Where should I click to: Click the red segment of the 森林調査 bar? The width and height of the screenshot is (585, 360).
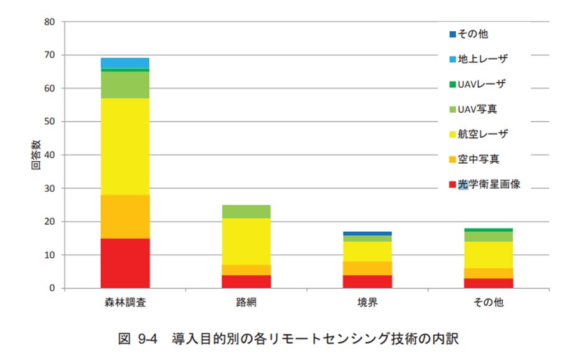click(125, 263)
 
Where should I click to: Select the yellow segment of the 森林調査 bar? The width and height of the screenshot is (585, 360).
click(125, 146)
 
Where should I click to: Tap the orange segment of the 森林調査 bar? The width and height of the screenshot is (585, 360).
click(125, 217)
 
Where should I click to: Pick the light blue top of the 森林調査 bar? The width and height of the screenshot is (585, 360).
click(125, 63)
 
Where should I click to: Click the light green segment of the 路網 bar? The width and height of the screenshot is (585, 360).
click(246, 212)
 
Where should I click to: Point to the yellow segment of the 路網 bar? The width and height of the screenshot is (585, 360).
click(246, 242)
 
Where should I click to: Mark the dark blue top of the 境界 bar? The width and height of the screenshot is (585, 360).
click(367, 234)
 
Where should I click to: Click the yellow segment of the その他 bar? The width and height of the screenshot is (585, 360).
click(489, 255)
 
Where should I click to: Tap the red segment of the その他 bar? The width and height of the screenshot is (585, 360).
click(489, 283)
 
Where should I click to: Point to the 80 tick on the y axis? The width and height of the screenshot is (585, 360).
click(50, 22)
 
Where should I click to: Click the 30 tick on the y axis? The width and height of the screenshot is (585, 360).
click(50, 189)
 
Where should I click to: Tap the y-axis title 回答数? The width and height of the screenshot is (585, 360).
click(35, 155)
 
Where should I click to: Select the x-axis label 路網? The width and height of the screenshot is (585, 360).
click(246, 303)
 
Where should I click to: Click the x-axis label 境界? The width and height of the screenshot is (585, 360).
click(367, 303)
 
